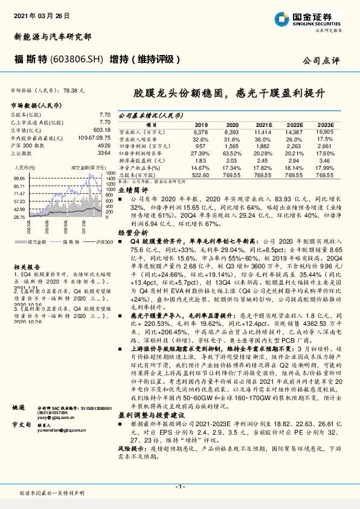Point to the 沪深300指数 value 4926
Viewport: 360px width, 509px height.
(x=104, y=146)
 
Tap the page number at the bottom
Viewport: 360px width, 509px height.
(x=179, y=485)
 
